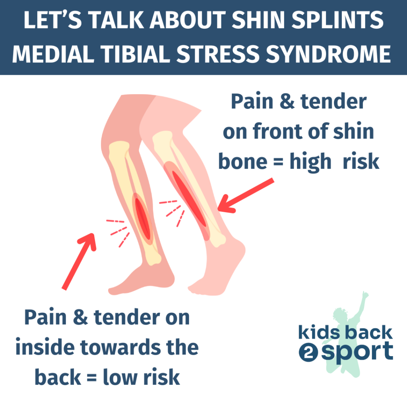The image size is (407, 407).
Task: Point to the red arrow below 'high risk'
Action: point(246,196)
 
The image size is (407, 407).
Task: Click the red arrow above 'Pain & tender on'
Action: point(79,262)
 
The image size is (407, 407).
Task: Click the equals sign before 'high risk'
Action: point(278,162)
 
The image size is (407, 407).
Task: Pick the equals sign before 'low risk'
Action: point(92,378)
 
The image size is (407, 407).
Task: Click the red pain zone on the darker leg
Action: point(142,219)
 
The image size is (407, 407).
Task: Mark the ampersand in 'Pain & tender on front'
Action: point(287,101)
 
